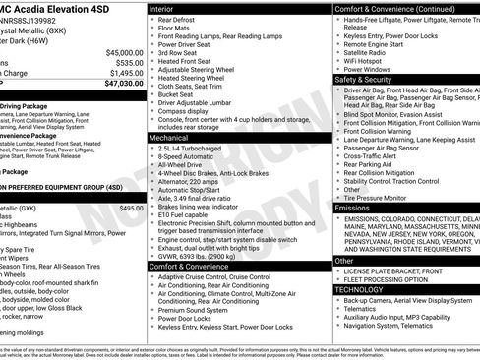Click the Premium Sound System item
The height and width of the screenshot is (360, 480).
click(197, 310)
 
